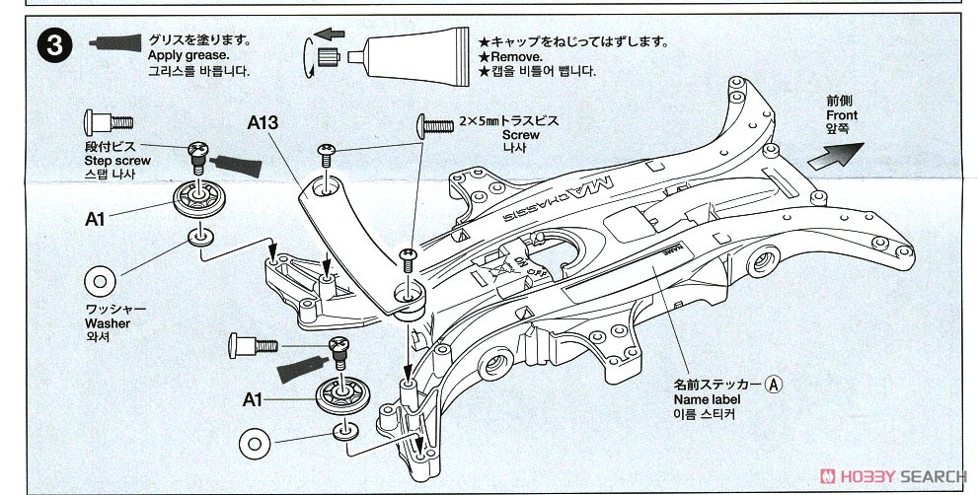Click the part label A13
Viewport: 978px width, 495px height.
click(x=264, y=124)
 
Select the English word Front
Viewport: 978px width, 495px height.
click(x=842, y=115)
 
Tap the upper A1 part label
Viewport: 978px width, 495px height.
click(x=95, y=219)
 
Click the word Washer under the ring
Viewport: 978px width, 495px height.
click(x=107, y=322)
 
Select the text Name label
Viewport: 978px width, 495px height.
click(x=706, y=399)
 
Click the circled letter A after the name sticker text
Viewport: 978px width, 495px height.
click(x=775, y=384)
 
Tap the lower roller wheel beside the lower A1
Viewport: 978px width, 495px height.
click(x=338, y=395)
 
